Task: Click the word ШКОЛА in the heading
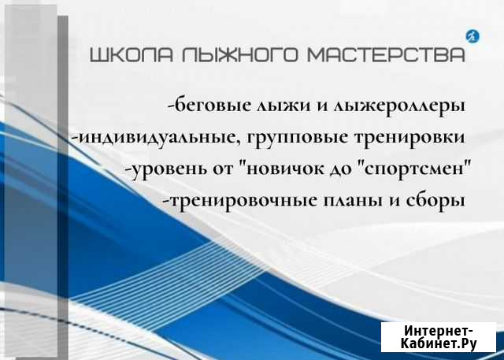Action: (132, 54)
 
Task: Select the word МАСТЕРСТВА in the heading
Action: (387, 54)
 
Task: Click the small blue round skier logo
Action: (472, 37)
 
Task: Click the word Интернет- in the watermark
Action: (438, 330)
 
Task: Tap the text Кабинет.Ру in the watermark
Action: (439, 343)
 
